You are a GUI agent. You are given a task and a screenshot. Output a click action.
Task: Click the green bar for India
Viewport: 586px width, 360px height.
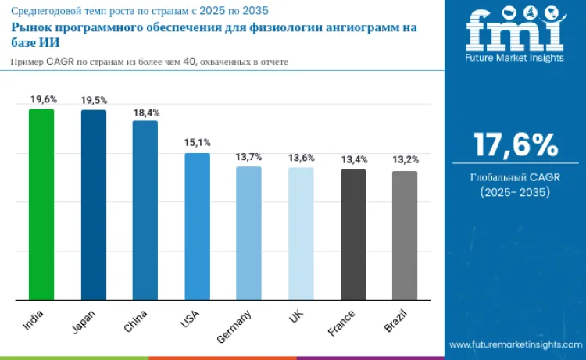(x=41, y=205)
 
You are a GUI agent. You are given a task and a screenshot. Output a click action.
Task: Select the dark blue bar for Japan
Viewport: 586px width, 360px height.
(x=94, y=205)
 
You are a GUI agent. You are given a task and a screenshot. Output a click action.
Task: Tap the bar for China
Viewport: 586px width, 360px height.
(x=145, y=210)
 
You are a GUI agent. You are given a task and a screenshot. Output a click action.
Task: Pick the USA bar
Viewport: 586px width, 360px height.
(x=197, y=226)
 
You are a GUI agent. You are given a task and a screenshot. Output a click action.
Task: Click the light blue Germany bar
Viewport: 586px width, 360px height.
(x=248, y=233)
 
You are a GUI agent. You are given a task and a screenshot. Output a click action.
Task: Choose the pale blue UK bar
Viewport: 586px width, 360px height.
(x=301, y=233)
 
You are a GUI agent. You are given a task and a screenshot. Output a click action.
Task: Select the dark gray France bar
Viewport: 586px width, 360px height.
(x=353, y=234)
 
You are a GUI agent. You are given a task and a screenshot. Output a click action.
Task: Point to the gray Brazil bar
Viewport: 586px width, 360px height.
(x=405, y=235)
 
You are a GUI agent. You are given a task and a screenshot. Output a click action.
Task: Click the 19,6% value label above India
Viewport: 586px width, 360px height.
(x=42, y=99)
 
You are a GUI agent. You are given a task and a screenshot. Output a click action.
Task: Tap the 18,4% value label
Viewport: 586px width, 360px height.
(x=146, y=112)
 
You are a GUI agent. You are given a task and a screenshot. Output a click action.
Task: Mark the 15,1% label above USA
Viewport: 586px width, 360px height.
(x=198, y=143)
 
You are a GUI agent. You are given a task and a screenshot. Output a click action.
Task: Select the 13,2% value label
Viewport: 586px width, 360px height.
(x=405, y=160)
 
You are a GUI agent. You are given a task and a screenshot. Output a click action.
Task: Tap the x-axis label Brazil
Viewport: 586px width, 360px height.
(x=397, y=321)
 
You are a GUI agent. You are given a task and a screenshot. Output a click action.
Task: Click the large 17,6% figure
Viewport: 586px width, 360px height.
(x=516, y=144)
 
